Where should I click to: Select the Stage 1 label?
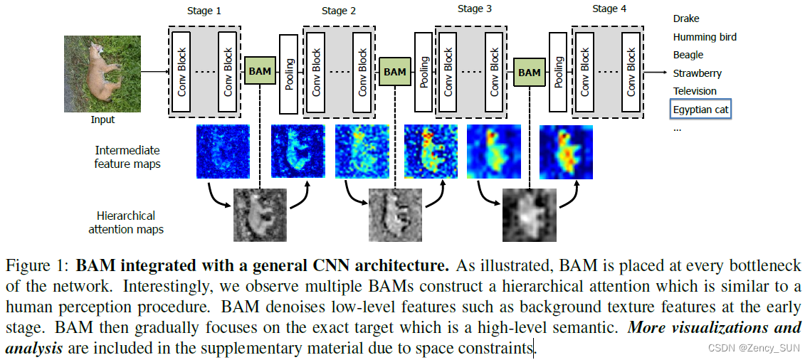click(204, 11)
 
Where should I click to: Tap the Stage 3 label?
click(474, 9)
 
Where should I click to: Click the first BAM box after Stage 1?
click(260, 72)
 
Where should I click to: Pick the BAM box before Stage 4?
click(530, 73)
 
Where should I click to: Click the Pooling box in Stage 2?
click(289, 74)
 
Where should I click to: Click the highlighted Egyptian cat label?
click(701, 110)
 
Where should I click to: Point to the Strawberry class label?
click(697, 73)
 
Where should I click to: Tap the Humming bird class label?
click(705, 37)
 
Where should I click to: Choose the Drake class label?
click(686, 18)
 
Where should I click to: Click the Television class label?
click(695, 91)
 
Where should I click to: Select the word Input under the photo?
click(102, 120)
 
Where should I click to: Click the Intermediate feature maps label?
click(127, 157)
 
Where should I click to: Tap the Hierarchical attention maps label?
click(126, 222)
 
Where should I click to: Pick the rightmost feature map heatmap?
click(566, 152)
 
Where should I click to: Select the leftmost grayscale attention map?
click(260, 215)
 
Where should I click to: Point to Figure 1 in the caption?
click(36, 267)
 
